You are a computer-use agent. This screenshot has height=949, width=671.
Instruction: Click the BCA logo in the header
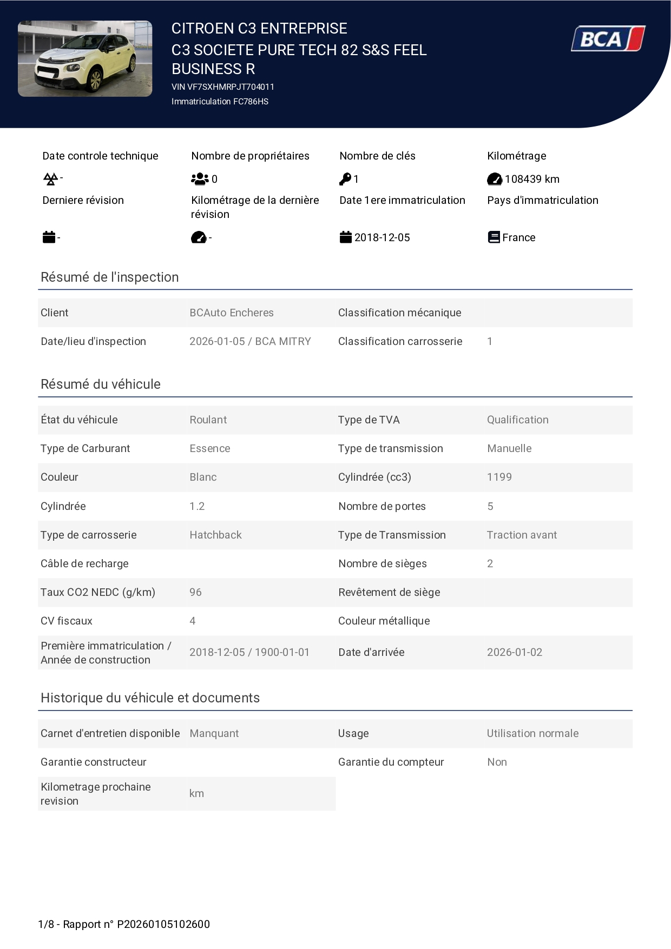click(x=608, y=39)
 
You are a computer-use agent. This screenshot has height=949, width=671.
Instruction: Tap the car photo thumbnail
click(x=85, y=59)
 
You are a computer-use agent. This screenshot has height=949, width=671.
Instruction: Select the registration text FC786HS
click(x=251, y=102)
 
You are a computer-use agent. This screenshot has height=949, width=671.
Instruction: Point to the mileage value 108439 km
click(x=532, y=179)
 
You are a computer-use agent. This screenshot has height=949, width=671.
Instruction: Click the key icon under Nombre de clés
click(x=345, y=178)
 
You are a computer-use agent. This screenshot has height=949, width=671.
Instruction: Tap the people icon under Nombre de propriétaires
click(x=200, y=178)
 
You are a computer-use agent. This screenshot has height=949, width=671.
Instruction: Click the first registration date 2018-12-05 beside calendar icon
click(x=382, y=237)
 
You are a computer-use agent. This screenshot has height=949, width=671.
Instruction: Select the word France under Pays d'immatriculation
click(x=518, y=237)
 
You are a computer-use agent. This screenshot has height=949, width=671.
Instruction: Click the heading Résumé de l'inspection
click(x=110, y=277)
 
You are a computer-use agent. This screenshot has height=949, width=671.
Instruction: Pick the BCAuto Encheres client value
click(x=232, y=313)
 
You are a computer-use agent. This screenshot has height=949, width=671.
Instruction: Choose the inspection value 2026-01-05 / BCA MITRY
click(x=250, y=341)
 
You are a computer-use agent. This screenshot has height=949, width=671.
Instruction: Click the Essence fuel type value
click(x=210, y=448)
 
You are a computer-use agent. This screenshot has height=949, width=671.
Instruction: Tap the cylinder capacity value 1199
click(x=499, y=477)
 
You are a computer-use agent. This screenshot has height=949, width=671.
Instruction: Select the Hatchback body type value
click(x=215, y=535)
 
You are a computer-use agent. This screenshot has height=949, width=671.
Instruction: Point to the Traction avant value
click(x=522, y=535)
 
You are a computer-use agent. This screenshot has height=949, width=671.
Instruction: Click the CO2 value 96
click(x=195, y=592)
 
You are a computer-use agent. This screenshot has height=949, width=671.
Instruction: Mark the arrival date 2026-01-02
click(x=514, y=652)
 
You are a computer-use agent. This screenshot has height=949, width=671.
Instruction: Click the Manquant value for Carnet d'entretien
click(x=214, y=733)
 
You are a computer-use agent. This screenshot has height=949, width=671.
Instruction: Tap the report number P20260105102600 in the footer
click(x=163, y=924)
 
